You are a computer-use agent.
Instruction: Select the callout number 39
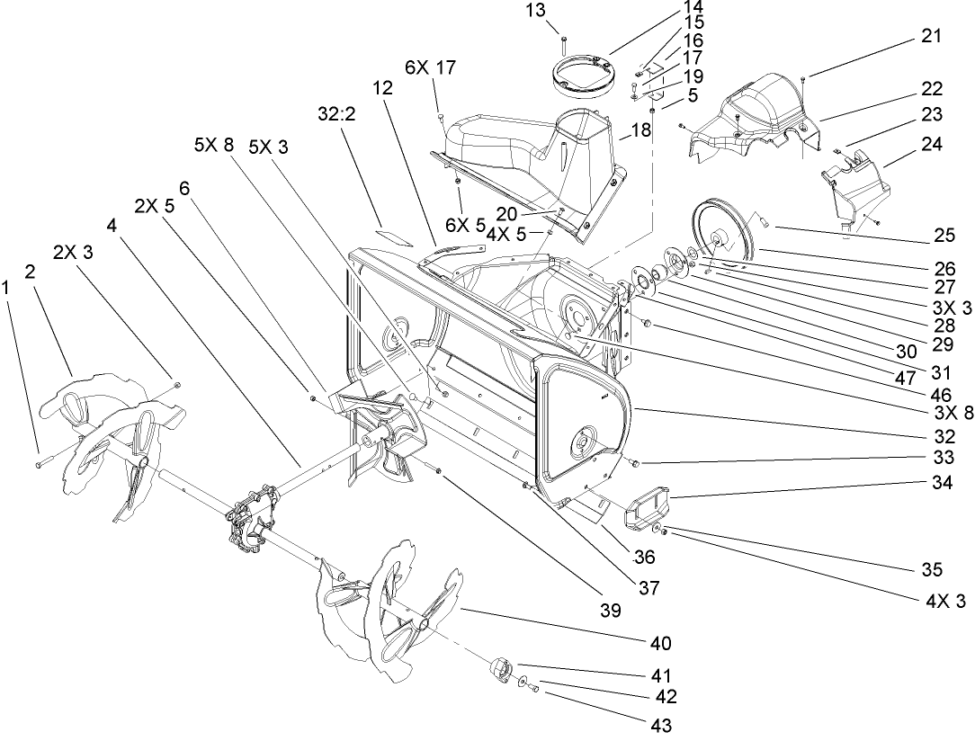click(610, 612)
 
